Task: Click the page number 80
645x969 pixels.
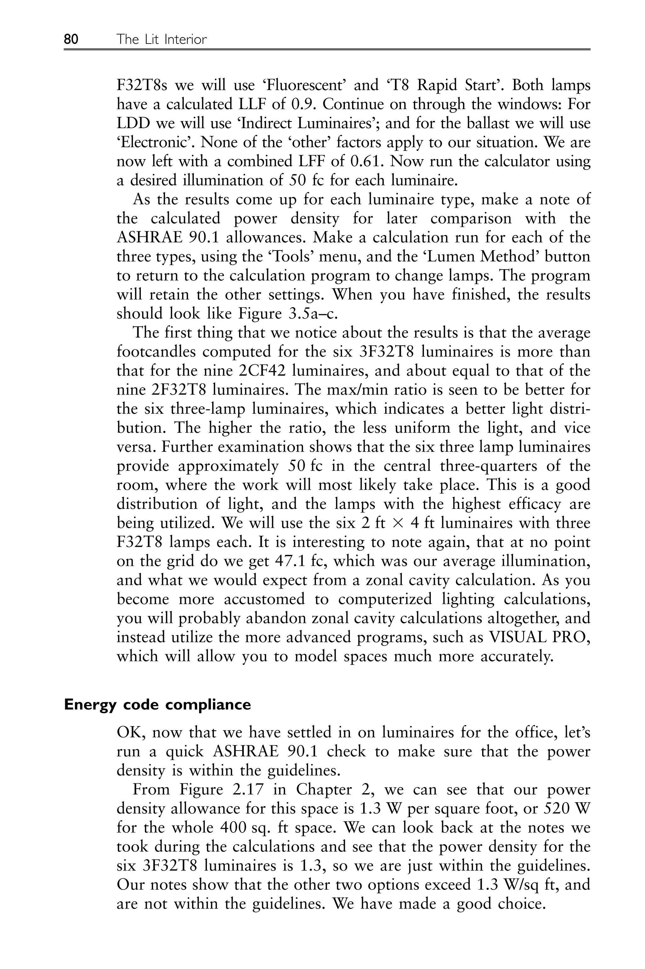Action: click(x=71, y=39)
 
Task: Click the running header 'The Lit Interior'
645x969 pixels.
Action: click(x=162, y=39)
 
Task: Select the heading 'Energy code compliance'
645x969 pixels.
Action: click(x=157, y=705)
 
